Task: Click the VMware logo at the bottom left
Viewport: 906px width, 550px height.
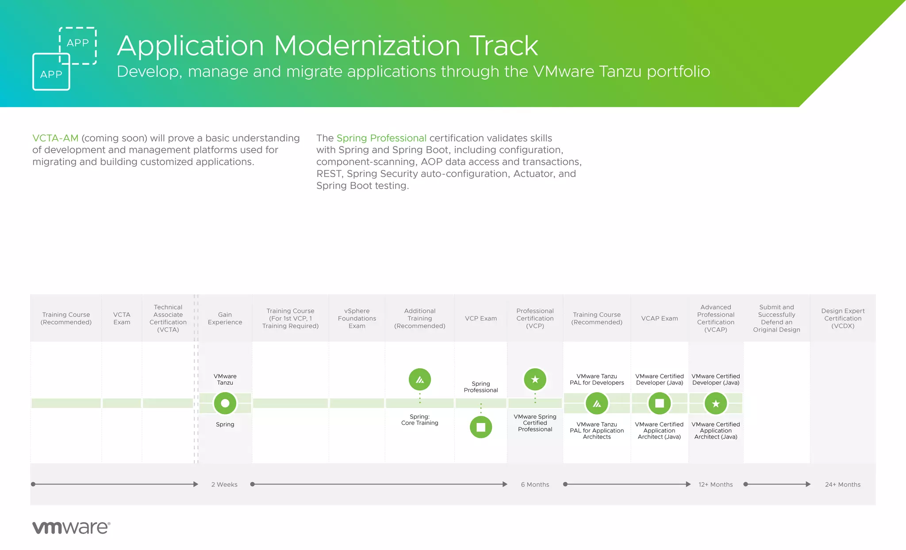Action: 71,527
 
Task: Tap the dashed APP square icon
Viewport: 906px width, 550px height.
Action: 78,43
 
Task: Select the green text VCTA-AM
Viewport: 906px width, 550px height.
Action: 55,138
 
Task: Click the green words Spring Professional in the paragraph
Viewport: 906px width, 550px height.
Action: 381,138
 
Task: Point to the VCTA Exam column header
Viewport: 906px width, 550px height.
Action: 122,318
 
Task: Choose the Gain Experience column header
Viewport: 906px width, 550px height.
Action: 225,318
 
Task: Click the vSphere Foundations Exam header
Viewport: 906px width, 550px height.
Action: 357,318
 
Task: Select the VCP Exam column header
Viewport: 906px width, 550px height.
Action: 480,318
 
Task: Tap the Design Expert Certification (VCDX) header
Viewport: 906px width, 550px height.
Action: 842,318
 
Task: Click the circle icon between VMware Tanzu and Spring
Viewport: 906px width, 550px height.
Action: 225,403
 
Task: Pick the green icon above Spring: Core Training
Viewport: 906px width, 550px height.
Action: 419,379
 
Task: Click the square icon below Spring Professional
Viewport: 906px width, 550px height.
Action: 480,427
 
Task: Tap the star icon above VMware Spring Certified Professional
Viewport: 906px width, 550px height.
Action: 535,379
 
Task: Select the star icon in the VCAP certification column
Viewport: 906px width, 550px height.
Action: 715,403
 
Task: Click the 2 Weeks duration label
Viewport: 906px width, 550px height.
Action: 224,485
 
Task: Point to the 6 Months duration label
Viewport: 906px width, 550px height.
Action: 535,485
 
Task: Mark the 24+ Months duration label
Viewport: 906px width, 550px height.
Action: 842,485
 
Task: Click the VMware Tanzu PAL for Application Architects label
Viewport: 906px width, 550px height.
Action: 596,431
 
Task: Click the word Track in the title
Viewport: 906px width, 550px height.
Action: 503,46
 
